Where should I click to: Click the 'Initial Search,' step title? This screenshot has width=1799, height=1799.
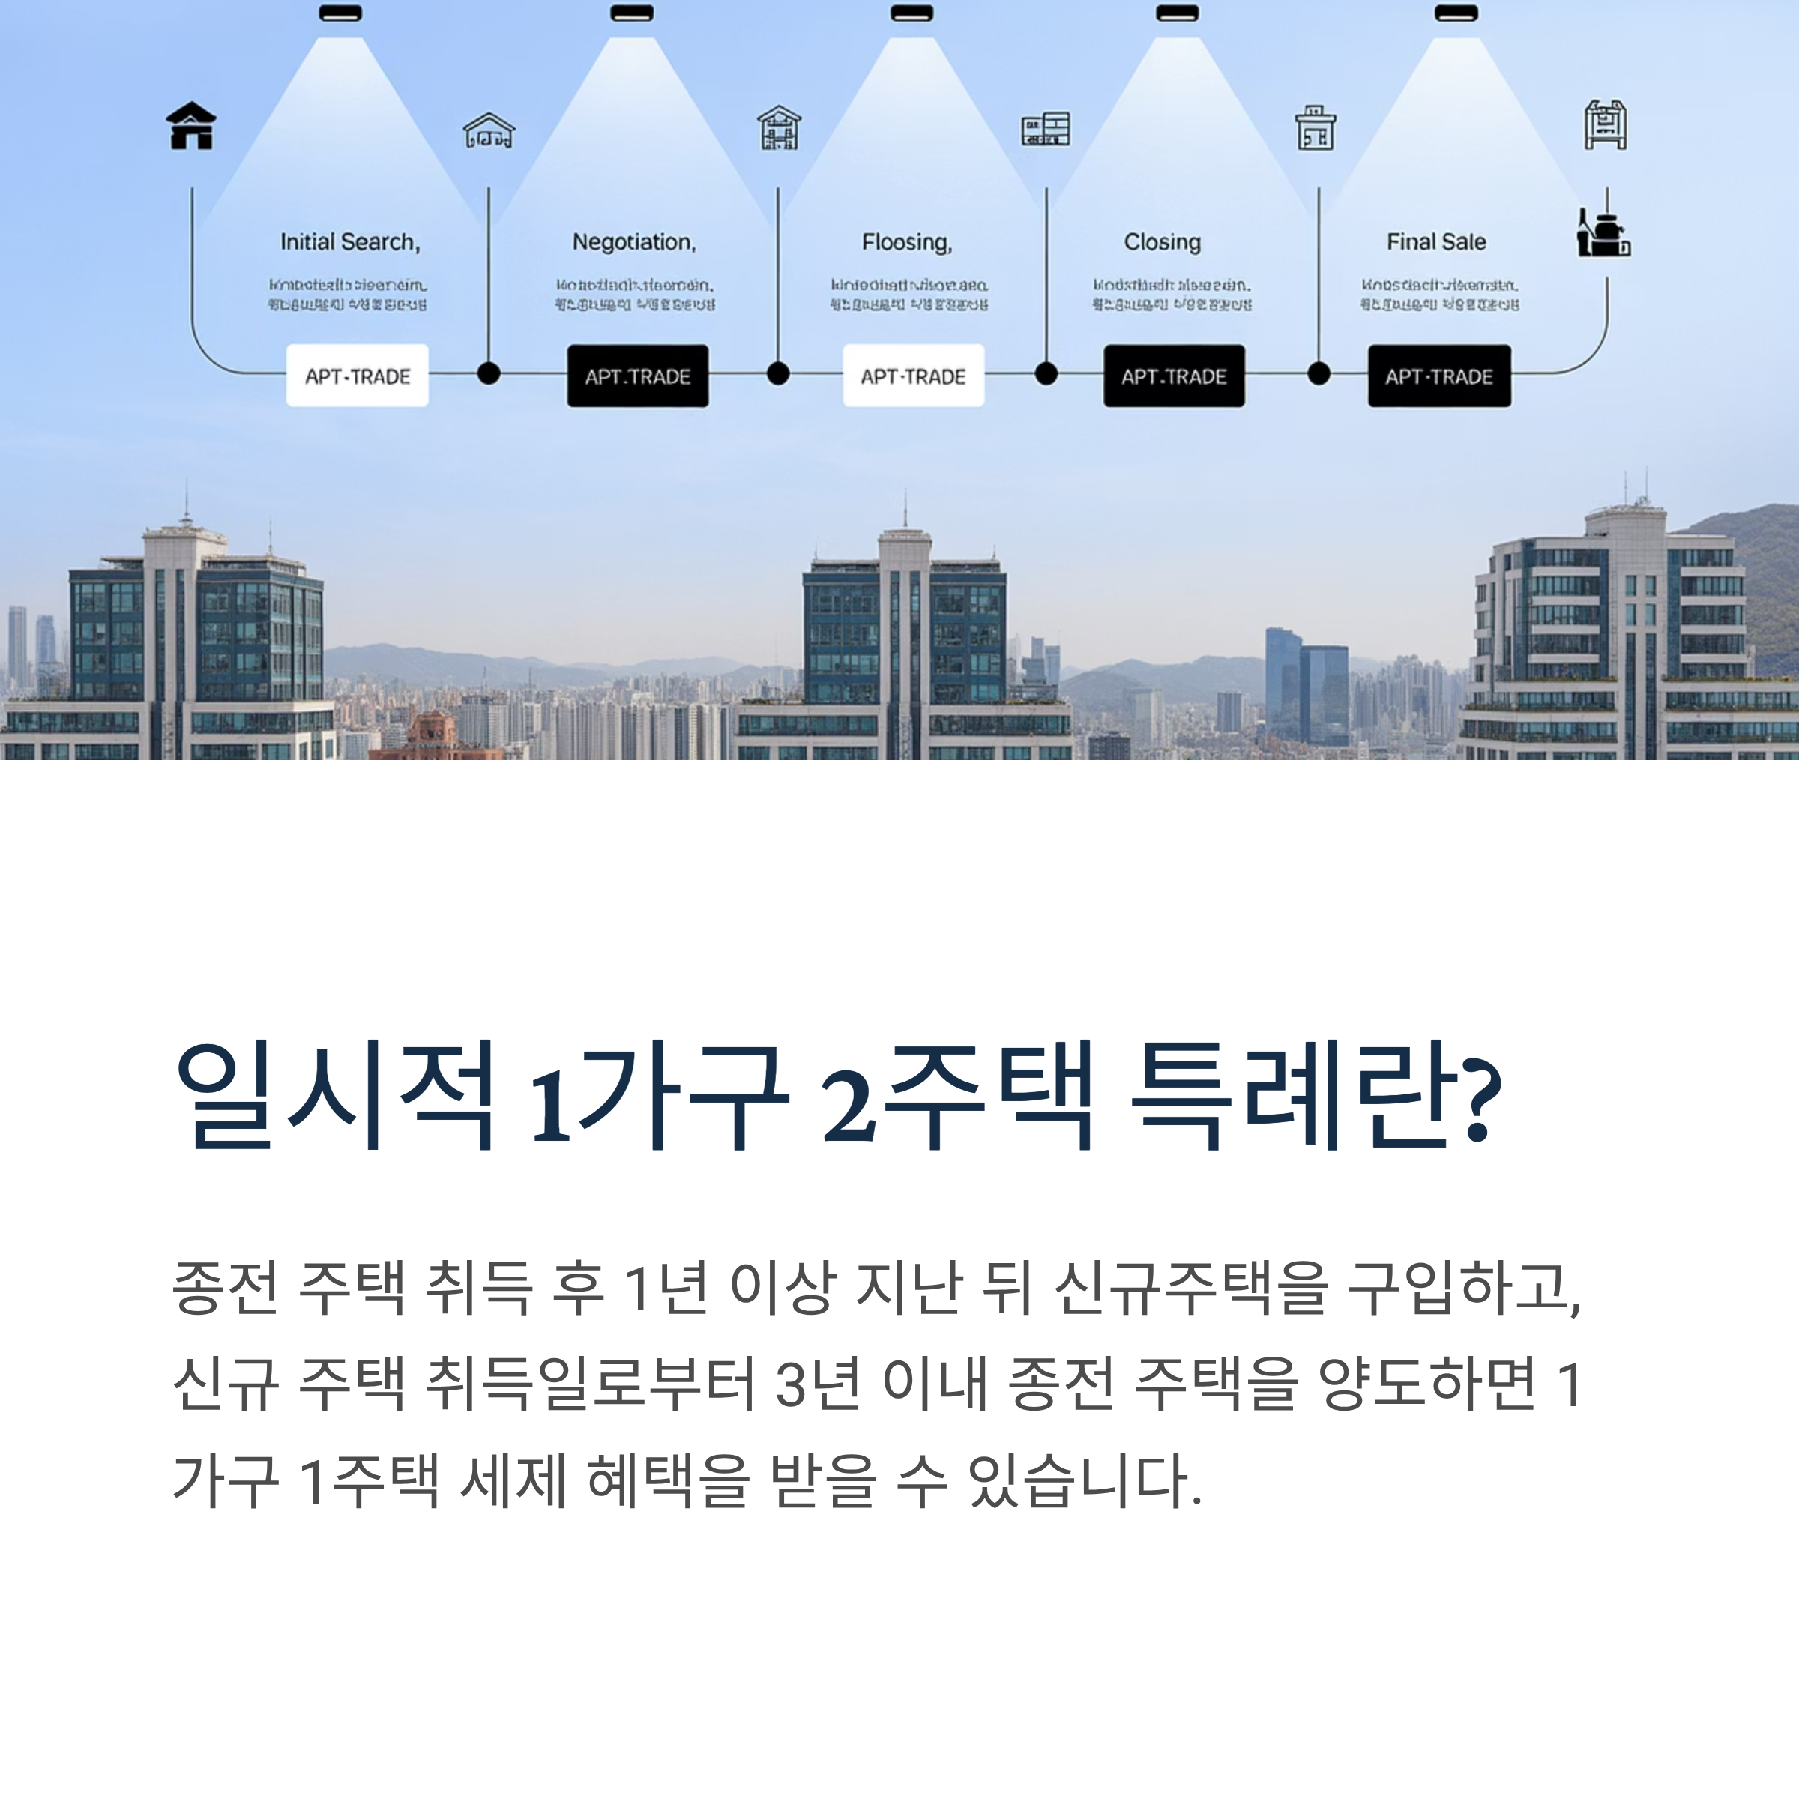[350, 242]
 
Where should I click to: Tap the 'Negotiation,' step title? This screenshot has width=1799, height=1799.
[634, 242]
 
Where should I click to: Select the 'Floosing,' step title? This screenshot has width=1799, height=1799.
[907, 242]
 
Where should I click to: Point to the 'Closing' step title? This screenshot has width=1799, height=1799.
[1162, 242]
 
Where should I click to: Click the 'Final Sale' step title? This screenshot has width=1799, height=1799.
[1436, 242]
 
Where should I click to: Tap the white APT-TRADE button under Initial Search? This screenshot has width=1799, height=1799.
[358, 376]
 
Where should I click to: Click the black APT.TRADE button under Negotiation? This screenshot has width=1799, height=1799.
[638, 376]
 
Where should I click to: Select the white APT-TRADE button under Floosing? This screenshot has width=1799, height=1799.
[914, 376]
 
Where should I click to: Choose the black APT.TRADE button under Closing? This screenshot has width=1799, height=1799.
[1174, 376]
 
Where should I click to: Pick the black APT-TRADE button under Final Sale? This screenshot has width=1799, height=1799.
[1438, 376]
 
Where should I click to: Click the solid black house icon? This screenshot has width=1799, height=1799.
[191, 126]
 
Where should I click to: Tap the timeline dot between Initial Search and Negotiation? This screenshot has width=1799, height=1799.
[489, 373]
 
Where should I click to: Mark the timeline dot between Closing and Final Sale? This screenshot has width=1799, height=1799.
[1319, 373]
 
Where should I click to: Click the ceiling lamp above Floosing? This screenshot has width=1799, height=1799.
[911, 13]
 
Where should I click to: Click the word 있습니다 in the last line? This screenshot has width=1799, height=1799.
[1080, 1480]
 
